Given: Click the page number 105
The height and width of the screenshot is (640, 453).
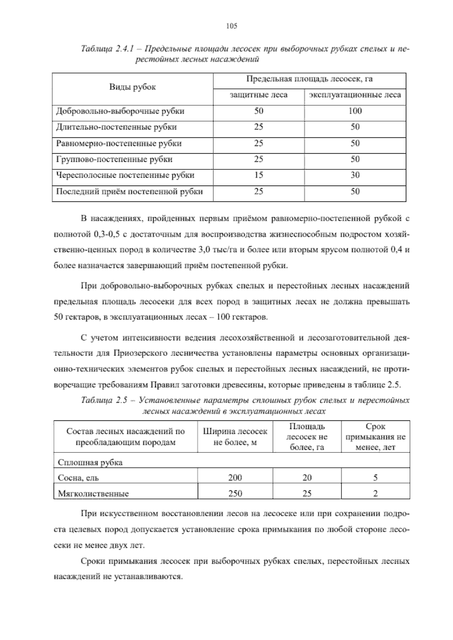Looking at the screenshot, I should click(231, 26).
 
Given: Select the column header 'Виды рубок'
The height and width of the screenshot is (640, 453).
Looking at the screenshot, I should click(133, 87).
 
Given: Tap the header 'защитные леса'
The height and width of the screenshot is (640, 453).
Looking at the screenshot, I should click(259, 95).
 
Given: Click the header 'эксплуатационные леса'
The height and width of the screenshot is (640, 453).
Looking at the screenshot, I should click(355, 95).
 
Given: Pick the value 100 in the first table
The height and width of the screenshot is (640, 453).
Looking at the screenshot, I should click(355, 111).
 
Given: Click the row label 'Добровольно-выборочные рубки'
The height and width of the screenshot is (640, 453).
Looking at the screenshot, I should click(120, 111).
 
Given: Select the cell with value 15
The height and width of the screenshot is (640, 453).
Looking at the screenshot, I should click(259, 175).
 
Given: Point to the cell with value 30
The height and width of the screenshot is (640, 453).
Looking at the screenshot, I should click(355, 175).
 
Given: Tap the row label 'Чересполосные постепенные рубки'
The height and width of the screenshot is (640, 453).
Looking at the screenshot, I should click(125, 175).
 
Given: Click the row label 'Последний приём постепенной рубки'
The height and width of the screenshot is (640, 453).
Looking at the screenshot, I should click(129, 192).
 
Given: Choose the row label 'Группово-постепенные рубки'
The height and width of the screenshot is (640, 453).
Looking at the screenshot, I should click(114, 159).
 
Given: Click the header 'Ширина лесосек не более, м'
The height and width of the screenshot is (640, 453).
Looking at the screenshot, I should click(235, 437).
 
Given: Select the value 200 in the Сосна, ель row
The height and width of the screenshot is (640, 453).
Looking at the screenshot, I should click(235, 478).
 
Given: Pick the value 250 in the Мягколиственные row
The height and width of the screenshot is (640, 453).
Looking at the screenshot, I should click(235, 494).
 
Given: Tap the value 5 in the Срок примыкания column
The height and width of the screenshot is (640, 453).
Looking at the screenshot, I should click(375, 478).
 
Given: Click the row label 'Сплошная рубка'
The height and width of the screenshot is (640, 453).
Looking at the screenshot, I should click(90, 463).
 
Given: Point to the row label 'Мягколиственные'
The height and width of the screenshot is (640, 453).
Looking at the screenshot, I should click(93, 494).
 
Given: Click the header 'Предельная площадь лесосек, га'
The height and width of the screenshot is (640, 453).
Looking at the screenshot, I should click(309, 79).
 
